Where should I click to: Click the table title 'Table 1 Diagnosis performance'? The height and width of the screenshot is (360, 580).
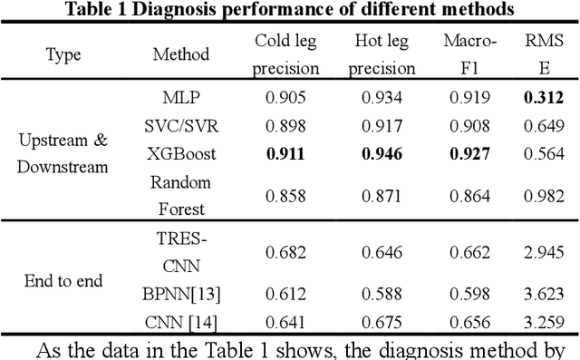(x=288, y=11)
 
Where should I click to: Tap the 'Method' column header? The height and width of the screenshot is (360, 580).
(x=179, y=54)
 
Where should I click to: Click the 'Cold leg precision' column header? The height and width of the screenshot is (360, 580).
(x=286, y=54)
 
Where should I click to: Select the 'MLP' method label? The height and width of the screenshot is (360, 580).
(x=179, y=99)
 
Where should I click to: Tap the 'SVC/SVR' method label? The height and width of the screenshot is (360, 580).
(x=179, y=126)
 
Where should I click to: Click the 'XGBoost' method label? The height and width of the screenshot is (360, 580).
(x=179, y=153)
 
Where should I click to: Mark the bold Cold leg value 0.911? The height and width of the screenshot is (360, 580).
(x=286, y=153)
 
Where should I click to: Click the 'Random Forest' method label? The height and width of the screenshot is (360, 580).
(x=179, y=195)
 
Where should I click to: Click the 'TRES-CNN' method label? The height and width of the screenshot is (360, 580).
(x=179, y=251)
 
